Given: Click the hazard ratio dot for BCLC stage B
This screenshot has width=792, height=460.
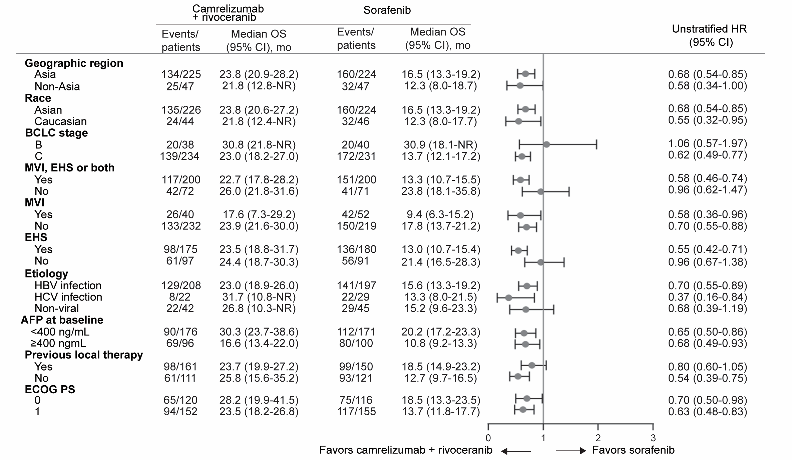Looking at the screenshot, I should (x=546, y=144).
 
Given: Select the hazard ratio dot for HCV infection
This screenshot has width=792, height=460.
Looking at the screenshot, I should (x=508, y=298).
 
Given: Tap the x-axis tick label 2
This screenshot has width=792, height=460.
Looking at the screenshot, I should (x=598, y=438).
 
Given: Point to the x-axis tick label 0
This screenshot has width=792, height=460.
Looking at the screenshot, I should (x=488, y=438).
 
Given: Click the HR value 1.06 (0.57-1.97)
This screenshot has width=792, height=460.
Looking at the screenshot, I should (x=707, y=143).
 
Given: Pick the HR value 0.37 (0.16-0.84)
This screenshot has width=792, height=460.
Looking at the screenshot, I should (x=707, y=297).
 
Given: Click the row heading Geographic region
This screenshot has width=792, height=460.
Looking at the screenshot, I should (x=74, y=63).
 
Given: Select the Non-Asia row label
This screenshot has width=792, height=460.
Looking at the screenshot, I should (x=57, y=86).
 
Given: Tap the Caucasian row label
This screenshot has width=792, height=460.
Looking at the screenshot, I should (x=60, y=121).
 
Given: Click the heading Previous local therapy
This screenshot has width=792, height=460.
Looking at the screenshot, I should (x=84, y=355).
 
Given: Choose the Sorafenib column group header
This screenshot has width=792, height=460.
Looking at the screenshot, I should (x=387, y=10).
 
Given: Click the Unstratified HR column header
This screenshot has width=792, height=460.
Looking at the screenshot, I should (x=709, y=36).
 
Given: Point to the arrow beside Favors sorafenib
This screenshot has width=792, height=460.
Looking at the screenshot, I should (x=571, y=451).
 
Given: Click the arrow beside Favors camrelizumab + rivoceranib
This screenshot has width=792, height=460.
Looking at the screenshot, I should (x=516, y=451).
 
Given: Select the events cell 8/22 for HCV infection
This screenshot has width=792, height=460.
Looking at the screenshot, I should (x=180, y=297).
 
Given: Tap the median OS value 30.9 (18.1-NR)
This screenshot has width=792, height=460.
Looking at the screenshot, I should (x=439, y=144).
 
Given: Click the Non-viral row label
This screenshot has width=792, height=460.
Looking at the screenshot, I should (x=57, y=308).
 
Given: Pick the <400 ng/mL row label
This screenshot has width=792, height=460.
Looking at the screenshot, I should (x=60, y=332).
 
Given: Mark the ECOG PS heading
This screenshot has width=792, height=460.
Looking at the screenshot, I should (x=50, y=389).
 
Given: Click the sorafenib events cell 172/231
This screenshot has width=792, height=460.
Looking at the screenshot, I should (x=356, y=156).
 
